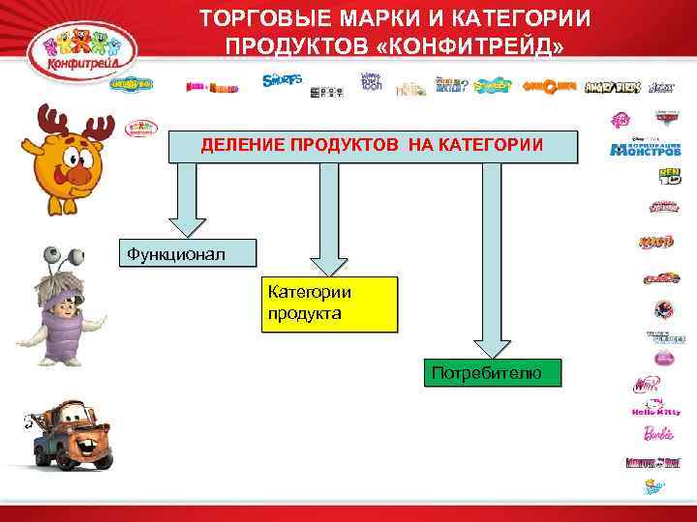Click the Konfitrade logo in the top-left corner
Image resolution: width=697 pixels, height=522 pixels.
coord(79,46)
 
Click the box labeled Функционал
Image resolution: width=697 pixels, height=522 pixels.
coord(188,253)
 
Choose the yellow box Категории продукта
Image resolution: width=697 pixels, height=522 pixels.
coord(329,304)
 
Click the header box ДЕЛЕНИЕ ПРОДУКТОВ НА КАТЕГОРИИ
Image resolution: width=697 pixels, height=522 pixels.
coord(372,146)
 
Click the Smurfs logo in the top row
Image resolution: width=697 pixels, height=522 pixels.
coord(282,80)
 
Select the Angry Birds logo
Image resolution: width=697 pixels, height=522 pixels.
coord(614,86)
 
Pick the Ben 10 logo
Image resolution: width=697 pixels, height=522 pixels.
coord(670,176)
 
